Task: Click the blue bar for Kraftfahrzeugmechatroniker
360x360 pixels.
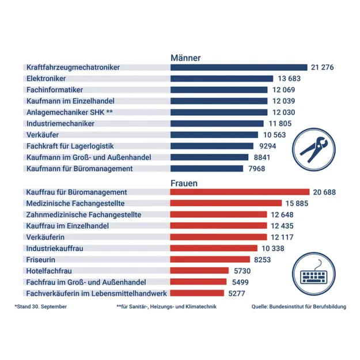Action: (238, 67)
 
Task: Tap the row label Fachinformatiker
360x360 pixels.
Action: (55, 90)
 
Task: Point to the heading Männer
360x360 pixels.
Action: (185, 58)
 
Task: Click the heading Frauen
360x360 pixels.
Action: (184, 183)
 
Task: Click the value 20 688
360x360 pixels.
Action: (324, 192)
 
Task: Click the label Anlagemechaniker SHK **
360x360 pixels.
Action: (66, 112)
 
